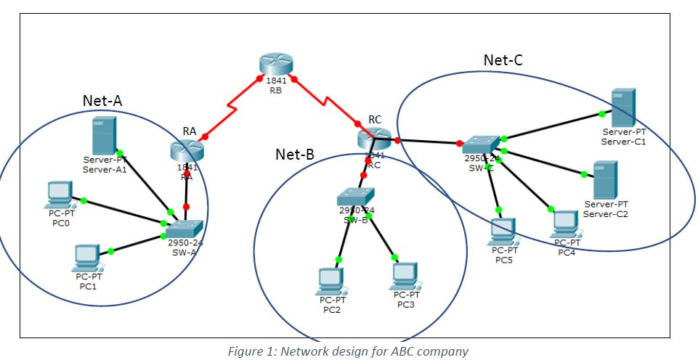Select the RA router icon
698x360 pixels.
point(187,151)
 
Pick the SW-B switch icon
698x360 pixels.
point(355,196)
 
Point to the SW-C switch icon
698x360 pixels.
point(480,143)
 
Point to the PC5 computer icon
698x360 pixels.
point(500,232)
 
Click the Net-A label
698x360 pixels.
point(102,101)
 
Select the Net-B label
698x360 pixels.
point(295,154)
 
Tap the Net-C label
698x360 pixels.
point(503,60)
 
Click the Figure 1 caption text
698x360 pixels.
point(348,351)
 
